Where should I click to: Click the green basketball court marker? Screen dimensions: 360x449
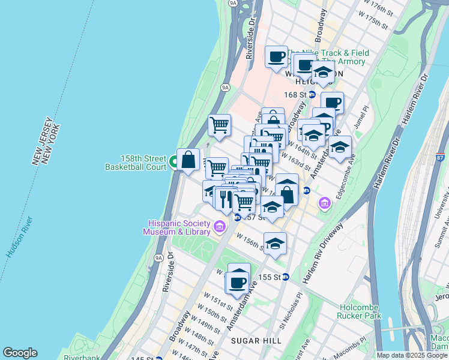point(173,161)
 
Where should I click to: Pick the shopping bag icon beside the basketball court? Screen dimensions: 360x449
point(188,160)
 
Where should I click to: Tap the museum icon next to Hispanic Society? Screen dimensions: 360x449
point(220,226)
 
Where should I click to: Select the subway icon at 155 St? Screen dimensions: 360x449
point(286,277)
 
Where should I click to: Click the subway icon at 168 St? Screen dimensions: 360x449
point(312,94)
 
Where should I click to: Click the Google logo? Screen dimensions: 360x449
point(19,353)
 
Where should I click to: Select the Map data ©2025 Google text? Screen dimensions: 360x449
point(412,355)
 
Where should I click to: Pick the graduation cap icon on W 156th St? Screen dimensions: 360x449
point(275,244)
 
